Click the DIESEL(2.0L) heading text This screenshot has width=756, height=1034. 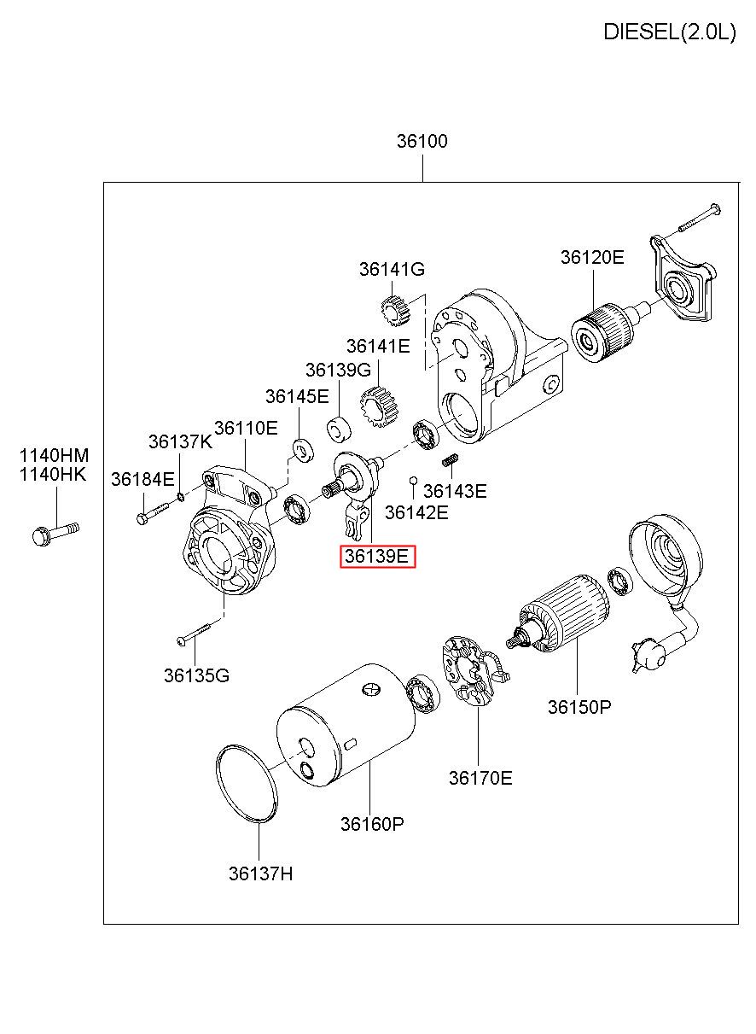coord(669,32)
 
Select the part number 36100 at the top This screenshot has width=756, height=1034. coord(422,141)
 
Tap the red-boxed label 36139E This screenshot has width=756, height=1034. coord(377,556)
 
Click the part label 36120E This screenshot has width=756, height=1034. coord(592,257)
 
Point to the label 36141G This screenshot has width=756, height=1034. coord(392,269)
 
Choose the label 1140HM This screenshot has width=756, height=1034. coord(54,456)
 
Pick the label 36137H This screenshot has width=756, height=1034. coord(260,873)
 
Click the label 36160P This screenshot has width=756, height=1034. coord(372,823)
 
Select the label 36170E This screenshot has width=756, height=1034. coord(480,778)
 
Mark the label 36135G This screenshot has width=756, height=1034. coord(196,675)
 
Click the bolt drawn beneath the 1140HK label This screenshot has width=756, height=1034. coord(55,533)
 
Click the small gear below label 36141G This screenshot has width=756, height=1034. coord(396,310)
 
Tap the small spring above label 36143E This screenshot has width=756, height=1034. coord(451,459)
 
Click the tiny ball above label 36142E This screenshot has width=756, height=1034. coord(414,481)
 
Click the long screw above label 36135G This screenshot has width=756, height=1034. coord(195,634)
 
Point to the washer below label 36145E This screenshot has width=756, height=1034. coord(303,450)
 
